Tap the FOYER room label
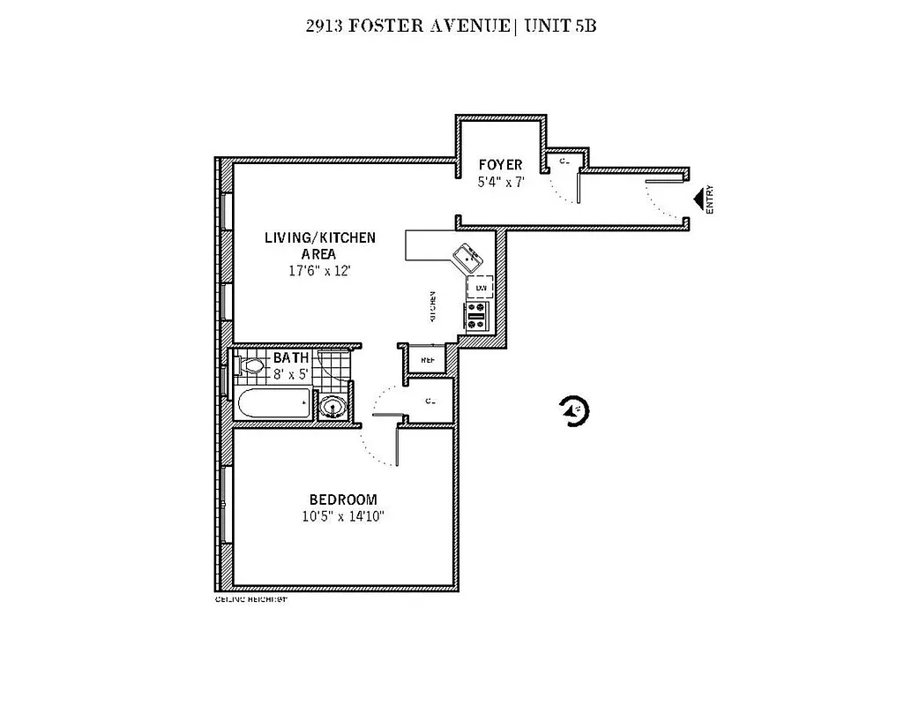(500, 165)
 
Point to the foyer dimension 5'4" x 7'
(500, 182)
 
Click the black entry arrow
(697, 200)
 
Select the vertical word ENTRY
(710, 200)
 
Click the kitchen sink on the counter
(467, 259)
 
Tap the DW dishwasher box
(481, 289)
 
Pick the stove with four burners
(477, 315)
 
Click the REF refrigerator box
(427, 360)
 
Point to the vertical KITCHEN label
(433, 305)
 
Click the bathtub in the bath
(274, 405)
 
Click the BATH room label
(290, 357)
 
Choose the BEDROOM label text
(343, 499)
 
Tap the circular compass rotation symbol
(574, 410)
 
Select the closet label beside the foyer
(563, 161)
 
